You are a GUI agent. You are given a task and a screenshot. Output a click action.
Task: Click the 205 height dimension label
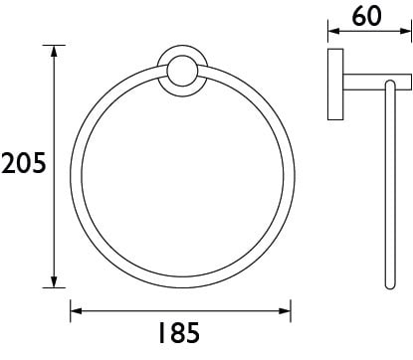point(23,163)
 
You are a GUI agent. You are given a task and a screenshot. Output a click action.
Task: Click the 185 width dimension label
point(179,332)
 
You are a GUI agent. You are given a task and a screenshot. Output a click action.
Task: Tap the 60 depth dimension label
point(366,16)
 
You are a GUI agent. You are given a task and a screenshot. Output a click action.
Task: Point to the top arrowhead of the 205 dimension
point(54,51)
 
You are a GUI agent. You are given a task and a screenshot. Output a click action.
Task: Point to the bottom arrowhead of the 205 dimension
point(54,281)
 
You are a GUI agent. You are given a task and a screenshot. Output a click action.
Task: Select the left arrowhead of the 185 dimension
point(77,311)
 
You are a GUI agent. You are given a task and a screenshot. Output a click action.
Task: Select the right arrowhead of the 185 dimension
point(285,311)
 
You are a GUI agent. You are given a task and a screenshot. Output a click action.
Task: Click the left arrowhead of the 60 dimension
point(333,31)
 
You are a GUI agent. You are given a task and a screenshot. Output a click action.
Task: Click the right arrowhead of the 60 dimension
point(405,31)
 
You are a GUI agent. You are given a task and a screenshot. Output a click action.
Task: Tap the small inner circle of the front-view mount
point(182,71)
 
